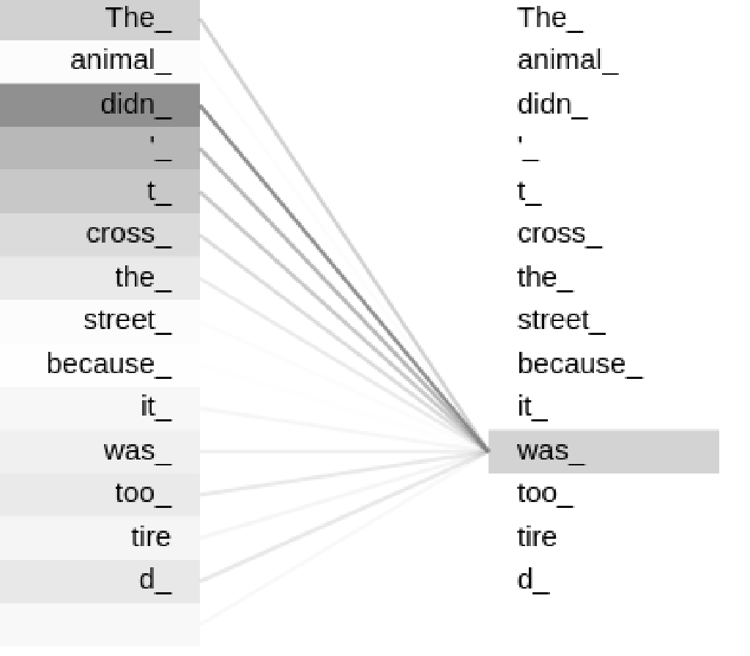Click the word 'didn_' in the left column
[136, 105]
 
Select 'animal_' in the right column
[568, 62]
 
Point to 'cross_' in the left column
[129, 235]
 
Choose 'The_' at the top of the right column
[551, 18]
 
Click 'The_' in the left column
[138, 18]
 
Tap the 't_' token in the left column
[159, 193]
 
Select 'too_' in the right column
[545, 494]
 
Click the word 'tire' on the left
[151, 537]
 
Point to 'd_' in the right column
[534, 581]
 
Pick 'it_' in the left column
[156, 408]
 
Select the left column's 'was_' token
[138, 452]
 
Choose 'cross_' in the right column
[560, 235]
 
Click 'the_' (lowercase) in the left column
[144, 279]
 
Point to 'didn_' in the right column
[553, 105]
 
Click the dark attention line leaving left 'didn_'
[344, 278]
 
